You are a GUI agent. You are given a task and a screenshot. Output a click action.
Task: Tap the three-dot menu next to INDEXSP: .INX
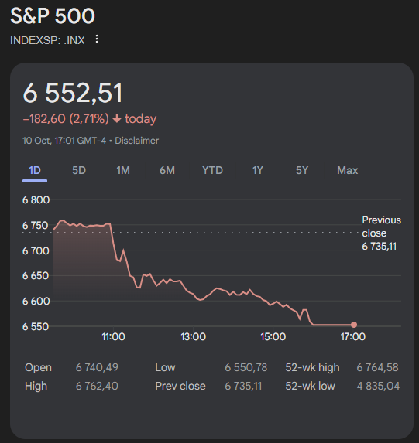[97, 39]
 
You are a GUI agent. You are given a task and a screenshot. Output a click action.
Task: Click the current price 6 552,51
[73, 93]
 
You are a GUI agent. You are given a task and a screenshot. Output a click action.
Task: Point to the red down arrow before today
[117, 119]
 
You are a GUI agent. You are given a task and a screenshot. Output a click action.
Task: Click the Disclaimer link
[138, 141]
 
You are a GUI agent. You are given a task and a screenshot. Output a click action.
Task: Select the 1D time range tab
[35, 170]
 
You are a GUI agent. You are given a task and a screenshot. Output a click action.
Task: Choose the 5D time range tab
[79, 170]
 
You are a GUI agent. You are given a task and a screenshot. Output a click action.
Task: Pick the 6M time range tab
[167, 170]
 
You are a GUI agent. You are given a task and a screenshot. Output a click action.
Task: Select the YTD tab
[212, 170]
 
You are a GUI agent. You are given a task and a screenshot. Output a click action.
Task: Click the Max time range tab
[347, 170]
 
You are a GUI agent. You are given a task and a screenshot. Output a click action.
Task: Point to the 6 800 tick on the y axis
[36, 200]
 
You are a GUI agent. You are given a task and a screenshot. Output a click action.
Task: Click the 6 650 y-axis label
[36, 275]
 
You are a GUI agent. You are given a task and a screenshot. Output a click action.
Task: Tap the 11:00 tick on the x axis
[113, 337]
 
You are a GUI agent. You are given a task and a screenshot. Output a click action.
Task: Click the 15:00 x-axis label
[273, 337]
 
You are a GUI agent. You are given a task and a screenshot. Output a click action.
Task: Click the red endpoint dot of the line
[354, 325]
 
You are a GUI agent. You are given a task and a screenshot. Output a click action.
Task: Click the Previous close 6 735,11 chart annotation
[381, 233]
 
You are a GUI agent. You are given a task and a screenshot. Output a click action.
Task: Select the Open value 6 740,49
[97, 367]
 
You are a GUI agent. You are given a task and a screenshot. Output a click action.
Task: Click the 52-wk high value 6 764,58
[378, 367]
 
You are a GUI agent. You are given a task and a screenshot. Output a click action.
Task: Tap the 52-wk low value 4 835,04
[378, 386]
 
